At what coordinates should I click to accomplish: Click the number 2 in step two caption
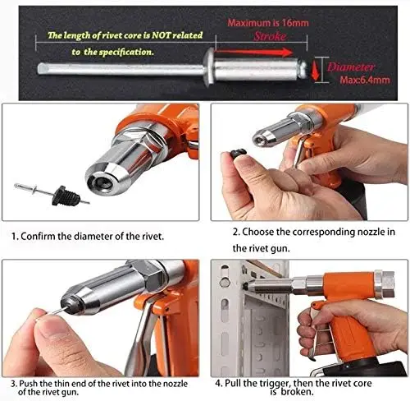235,232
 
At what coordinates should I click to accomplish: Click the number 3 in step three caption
14,383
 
